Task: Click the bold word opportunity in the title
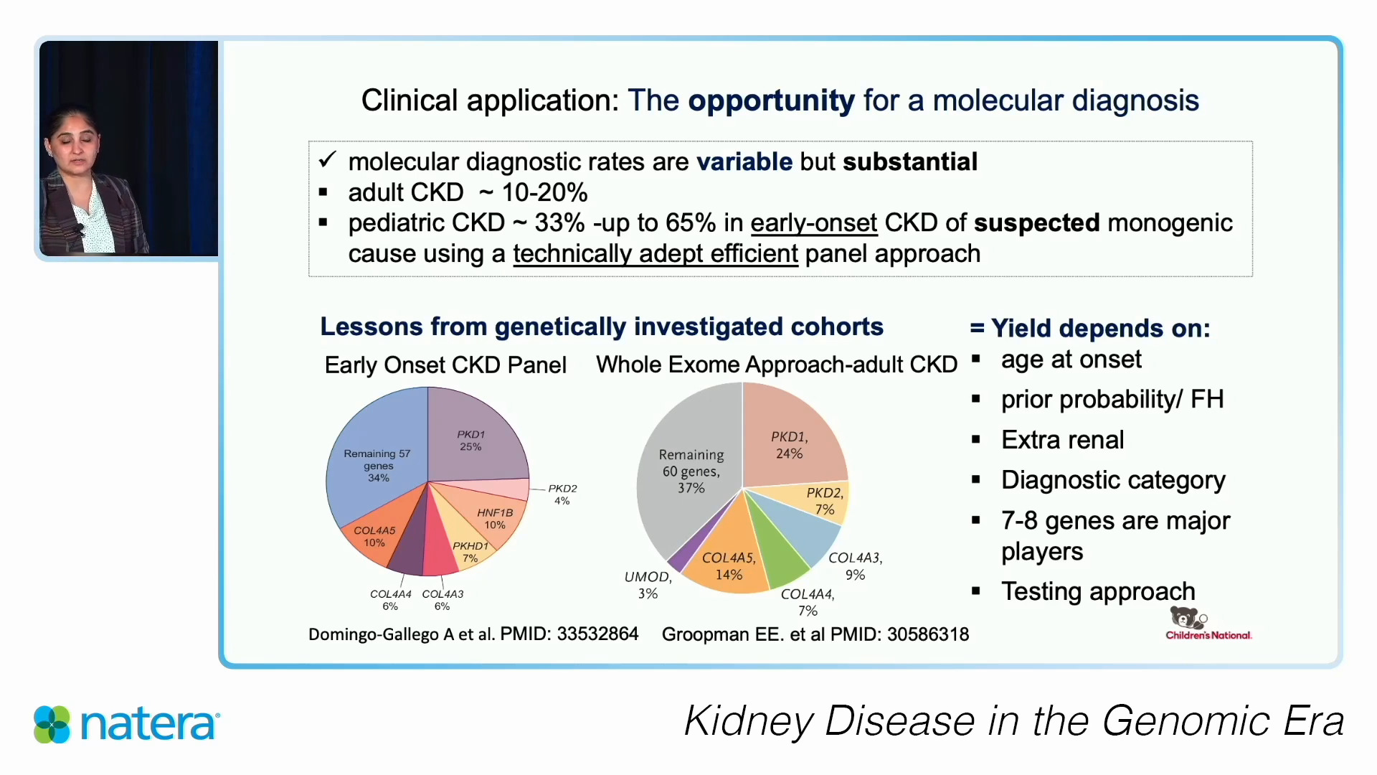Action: coord(770,101)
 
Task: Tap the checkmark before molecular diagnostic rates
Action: coord(327,160)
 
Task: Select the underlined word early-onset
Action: coord(813,223)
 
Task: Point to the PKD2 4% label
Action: coord(562,494)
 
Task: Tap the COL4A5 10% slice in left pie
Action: coord(374,536)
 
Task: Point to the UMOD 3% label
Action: coord(648,585)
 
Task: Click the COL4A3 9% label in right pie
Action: coord(855,565)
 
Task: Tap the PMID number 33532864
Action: coord(597,634)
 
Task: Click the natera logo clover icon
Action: coord(52,723)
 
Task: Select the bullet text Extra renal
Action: coord(1062,440)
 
